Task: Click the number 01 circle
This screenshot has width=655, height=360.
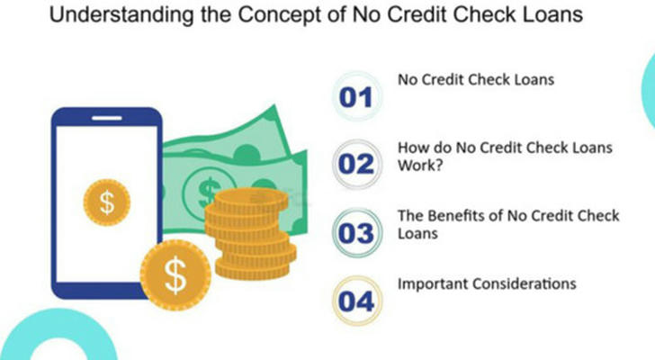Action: (356, 96)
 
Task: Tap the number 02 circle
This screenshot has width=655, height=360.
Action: (356, 164)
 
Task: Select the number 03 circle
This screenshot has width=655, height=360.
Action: (356, 232)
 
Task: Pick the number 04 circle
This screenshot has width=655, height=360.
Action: (356, 301)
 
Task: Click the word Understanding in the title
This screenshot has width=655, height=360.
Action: (121, 15)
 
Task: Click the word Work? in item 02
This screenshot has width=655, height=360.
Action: (420, 166)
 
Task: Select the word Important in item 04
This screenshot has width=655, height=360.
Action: (433, 284)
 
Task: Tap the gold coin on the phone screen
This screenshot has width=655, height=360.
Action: (107, 202)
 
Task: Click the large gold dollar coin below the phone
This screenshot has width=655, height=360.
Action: (175, 275)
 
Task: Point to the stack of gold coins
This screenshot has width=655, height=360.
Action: (251, 234)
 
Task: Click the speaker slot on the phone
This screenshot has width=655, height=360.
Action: (107, 118)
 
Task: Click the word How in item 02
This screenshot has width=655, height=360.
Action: (411, 148)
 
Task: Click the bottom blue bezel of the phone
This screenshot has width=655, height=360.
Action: (100, 291)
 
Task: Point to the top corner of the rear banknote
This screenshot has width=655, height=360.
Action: (274, 104)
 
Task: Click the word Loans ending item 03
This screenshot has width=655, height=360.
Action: (417, 233)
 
